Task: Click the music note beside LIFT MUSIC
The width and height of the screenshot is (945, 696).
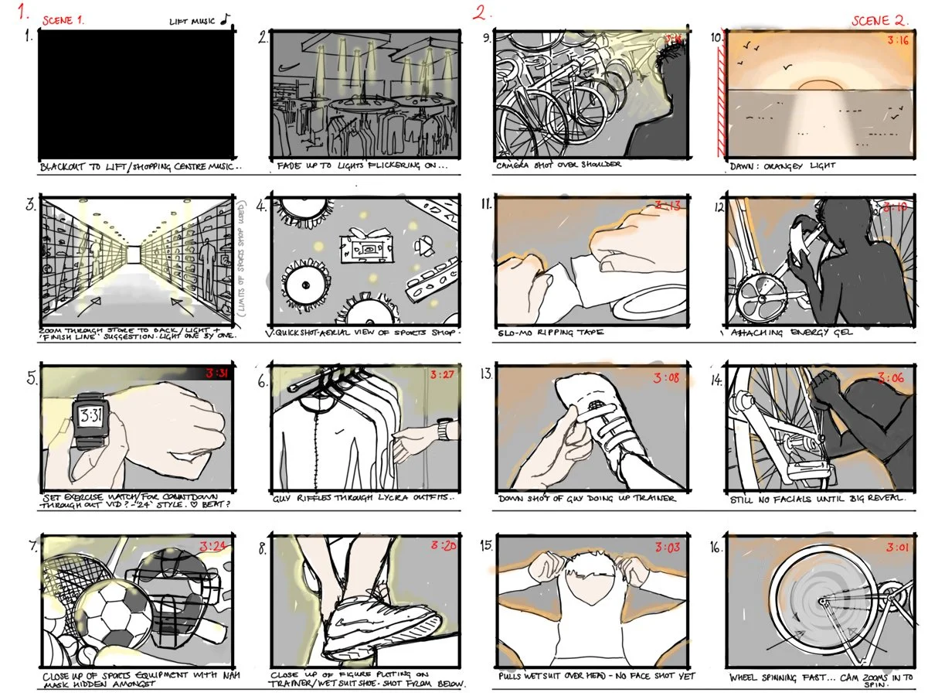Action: tap(224, 19)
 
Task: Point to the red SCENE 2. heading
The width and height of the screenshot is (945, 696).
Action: tap(880, 21)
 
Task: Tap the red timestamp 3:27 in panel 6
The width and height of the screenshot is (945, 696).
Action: tap(442, 376)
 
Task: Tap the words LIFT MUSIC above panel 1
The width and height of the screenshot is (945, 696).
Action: tap(193, 21)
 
